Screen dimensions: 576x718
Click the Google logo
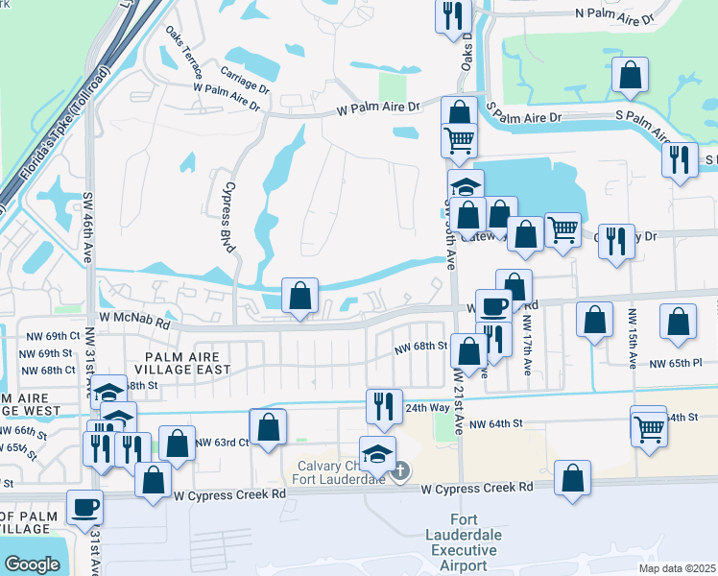(x=32, y=564)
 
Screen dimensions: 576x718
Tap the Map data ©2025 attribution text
(x=676, y=568)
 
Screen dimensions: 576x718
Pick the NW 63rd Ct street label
(x=222, y=443)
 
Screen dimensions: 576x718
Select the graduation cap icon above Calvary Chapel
(x=377, y=451)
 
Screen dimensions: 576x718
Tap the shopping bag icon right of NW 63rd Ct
(x=269, y=426)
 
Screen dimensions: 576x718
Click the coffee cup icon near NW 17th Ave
(x=494, y=307)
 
